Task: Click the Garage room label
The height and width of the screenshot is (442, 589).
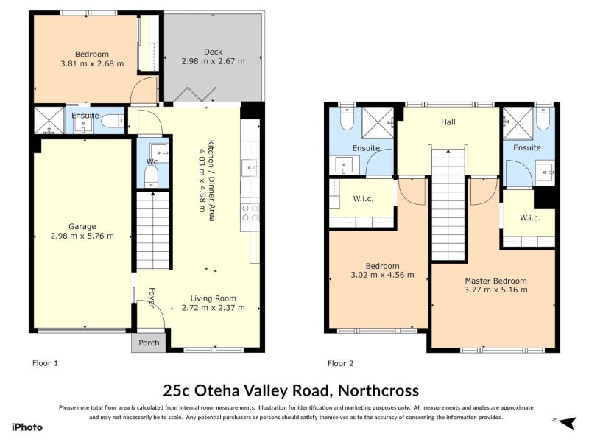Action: pyautogui.click(x=82, y=226)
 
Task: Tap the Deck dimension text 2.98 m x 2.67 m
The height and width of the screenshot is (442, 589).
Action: pyautogui.click(x=213, y=62)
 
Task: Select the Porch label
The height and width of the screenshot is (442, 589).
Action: pyautogui.click(x=149, y=343)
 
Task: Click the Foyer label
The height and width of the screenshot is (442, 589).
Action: pyautogui.click(x=151, y=297)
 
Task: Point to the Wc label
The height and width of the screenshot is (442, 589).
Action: pyautogui.click(x=152, y=161)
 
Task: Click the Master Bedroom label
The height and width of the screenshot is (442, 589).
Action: pyautogui.click(x=495, y=281)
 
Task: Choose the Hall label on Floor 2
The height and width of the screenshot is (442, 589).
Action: pyautogui.click(x=448, y=122)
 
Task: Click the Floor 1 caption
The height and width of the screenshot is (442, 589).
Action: pyautogui.click(x=45, y=363)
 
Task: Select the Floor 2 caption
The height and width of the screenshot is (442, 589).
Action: pyautogui.click(x=340, y=363)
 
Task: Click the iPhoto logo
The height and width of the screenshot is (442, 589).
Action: pyautogui.click(x=27, y=427)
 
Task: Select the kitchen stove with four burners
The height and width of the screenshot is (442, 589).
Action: pyautogui.click(x=250, y=213)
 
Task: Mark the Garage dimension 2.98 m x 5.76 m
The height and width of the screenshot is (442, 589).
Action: pyautogui.click(x=82, y=236)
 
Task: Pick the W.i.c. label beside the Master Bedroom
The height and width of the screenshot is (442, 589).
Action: pyautogui.click(x=529, y=217)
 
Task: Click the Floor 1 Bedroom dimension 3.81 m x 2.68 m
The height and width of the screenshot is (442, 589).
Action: pyautogui.click(x=92, y=63)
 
